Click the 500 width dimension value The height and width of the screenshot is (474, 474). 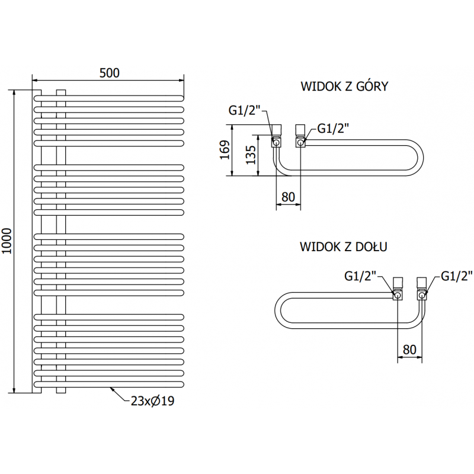click(110, 73)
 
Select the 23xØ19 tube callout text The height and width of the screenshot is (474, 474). click(153, 401)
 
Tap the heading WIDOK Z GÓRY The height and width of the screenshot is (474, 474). click(344, 87)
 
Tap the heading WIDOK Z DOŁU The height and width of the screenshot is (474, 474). click(344, 246)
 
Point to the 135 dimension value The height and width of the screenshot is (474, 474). click(251, 155)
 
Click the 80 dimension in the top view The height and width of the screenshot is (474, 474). click(289, 197)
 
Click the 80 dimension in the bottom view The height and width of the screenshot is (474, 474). click(409, 349)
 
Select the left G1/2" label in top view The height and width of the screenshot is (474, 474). click(244, 110)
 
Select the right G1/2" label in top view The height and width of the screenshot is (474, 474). click(334, 127)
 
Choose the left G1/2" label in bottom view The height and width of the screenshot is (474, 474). click(360, 276)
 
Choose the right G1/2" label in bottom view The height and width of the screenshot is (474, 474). click(456, 276)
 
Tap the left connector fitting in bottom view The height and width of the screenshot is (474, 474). click(398, 289)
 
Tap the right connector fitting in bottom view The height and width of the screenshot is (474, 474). click(422, 289)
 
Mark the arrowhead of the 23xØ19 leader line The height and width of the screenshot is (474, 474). click(111, 389)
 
